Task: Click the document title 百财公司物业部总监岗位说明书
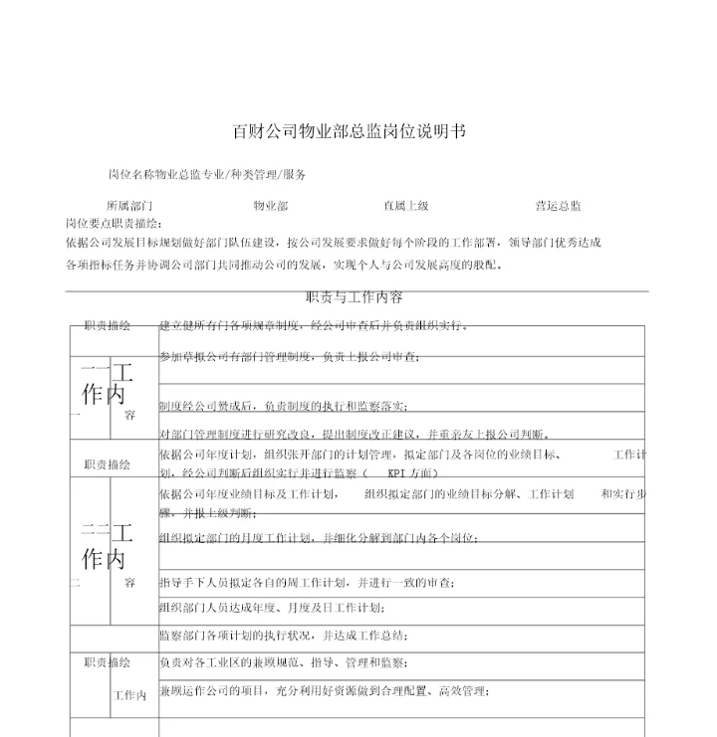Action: click(x=350, y=130)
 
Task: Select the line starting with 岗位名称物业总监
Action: click(x=207, y=174)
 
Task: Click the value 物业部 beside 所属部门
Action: click(x=270, y=206)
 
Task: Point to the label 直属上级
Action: click(x=406, y=206)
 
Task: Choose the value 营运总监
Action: click(x=558, y=206)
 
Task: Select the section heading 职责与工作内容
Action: click(x=354, y=297)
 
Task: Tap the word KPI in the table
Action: click(x=397, y=473)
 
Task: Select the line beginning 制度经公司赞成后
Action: click(x=283, y=406)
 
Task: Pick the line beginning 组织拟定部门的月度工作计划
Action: click(x=318, y=538)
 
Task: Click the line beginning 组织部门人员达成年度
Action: click(x=271, y=608)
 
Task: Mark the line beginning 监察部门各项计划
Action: click(x=283, y=636)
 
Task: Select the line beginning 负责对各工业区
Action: click(x=283, y=662)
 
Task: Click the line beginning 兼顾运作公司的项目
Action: click(x=324, y=691)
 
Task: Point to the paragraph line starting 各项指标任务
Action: click(x=285, y=266)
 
